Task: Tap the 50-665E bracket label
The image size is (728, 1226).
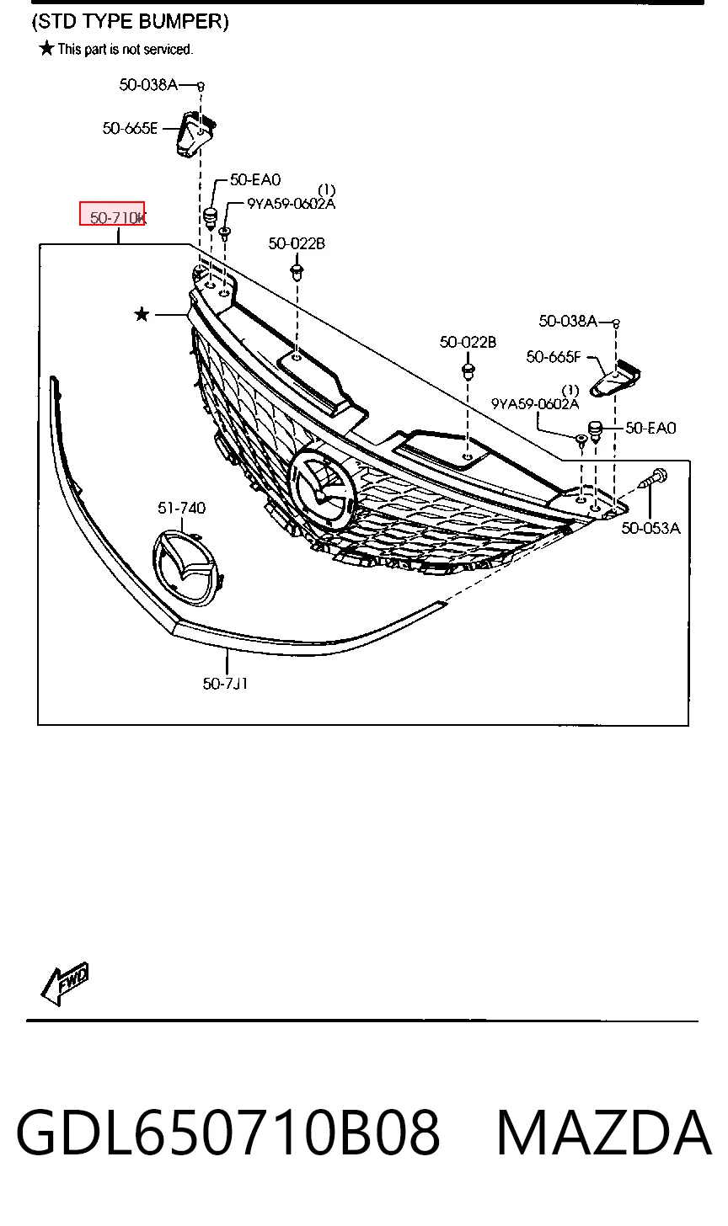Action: coord(130,128)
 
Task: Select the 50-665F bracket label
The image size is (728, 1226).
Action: coord(554,357)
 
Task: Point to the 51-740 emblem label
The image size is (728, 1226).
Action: coord(181,508)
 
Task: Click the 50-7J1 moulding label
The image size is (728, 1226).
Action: coord(225,683)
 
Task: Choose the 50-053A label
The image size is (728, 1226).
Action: coord(650,528)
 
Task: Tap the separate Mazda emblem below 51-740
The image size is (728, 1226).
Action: coord(185,568)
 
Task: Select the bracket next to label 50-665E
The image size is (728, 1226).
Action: coord(195,134)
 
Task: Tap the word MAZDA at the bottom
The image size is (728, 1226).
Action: coord(603,1133)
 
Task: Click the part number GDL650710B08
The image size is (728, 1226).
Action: coord(227,1133)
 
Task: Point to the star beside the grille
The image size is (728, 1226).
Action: coord(142,314)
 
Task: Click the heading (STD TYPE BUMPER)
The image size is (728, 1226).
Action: coord(131,21)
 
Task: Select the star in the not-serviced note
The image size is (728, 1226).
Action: coord(47,48)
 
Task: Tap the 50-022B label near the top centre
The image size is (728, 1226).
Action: coord(297,243)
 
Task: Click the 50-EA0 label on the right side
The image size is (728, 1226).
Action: coord(650,428)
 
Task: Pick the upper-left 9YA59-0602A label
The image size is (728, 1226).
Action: coord(291,204)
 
